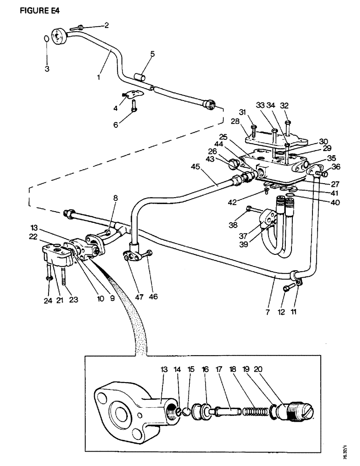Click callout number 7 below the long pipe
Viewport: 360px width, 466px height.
pyautogui.click(x=267, y=312)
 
